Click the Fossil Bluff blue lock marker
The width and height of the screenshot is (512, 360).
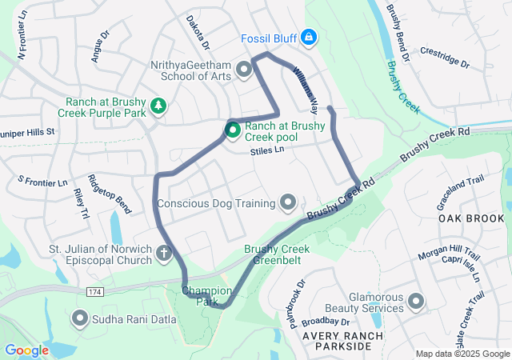click(x=309, y=37)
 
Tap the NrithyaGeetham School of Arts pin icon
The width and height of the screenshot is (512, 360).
click(x=244, y=72)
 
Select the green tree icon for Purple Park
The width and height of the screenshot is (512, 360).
click(x=158, y=106)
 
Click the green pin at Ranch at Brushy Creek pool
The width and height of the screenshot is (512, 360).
click(x=232, y=129)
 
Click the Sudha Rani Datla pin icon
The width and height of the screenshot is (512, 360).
click(x=81, y=318)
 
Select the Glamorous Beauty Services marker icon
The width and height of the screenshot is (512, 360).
click(x=415, y=302)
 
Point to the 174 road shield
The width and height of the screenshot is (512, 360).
click(x=95, y=291)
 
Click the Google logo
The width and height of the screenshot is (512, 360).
click(x=27, y=350)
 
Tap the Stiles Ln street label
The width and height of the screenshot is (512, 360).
click(x=267, y=150)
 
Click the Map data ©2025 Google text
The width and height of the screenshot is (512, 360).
click(x=462, y=354)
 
